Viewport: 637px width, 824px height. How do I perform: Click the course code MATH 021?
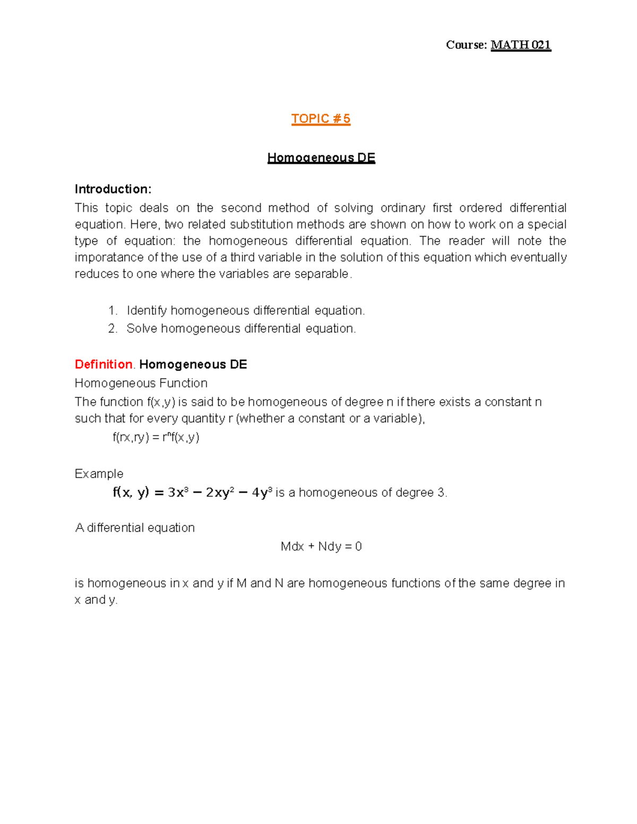coord(521,45)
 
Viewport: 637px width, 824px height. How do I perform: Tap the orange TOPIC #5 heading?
coord(321,119)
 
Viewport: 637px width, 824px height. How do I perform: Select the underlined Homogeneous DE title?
coord(321,158)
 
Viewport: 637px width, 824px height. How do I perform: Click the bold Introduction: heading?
coord(113,189)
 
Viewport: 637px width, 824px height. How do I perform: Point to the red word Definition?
coord(104,365)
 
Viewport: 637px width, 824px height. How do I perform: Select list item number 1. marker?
coord(112,311)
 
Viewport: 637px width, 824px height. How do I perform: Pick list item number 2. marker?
coord(112,329)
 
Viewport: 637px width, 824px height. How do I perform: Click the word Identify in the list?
coord(147,311)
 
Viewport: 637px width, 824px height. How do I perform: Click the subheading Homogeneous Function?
coord(141,383)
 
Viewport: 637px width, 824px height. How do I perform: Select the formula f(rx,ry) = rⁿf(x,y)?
coord(156,437)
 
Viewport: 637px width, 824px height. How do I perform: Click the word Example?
coord(99,474)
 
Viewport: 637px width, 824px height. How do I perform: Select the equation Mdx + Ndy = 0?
coord(321,547)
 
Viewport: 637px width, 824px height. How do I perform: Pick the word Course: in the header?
coord(466,45)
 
